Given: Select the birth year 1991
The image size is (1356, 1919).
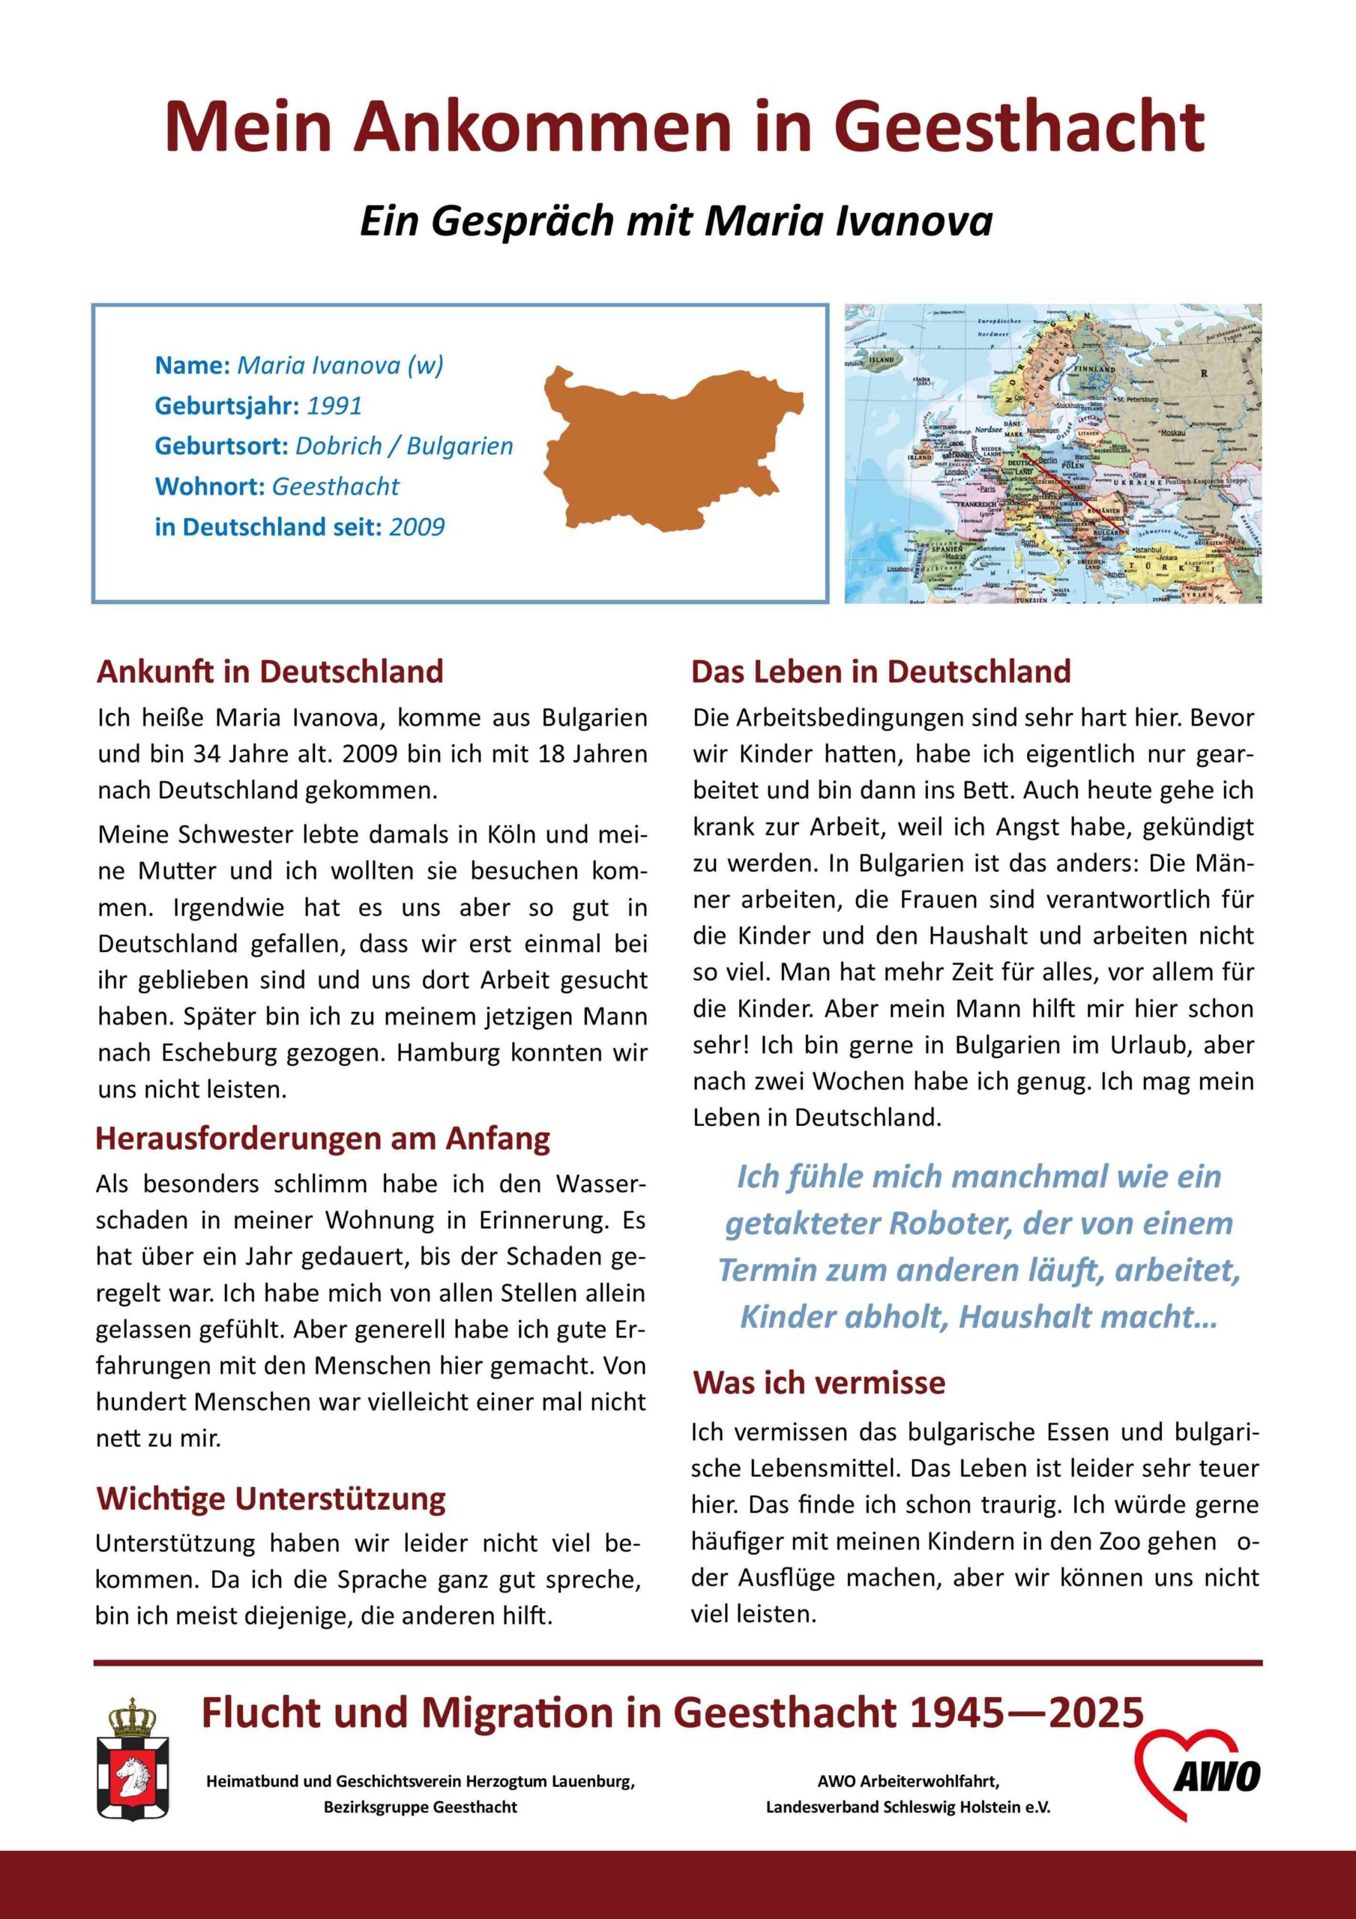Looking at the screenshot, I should tap(334, 406).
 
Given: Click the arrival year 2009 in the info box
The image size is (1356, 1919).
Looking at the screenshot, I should tap(416, 528).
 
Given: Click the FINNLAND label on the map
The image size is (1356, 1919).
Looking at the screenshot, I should tap(1095, 369).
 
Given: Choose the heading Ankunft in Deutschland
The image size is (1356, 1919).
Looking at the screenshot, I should tap(269, 671).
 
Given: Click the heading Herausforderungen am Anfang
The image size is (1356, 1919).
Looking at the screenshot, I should tap(323, 1139).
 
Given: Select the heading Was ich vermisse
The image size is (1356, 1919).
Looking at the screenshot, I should tap(819, 1382).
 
